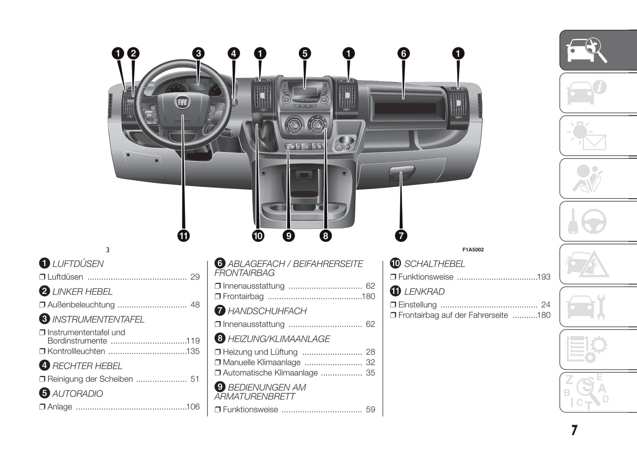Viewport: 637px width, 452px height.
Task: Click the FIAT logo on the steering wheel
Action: point(182,103)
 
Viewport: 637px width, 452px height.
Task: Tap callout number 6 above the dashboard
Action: point(403,54)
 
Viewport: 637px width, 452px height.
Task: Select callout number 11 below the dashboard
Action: point(183,236)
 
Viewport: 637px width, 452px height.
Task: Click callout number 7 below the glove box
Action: point(401,236)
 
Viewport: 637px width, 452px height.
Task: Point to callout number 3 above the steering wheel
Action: point(198,54)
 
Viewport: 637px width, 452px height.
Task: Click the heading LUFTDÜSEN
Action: point(78,264)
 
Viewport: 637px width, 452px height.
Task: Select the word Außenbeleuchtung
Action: point(81,305)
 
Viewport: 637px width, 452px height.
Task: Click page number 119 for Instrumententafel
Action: point(193,341)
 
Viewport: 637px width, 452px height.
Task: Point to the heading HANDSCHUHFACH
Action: point(267,311)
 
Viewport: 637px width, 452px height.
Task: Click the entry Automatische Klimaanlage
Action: point(270,373)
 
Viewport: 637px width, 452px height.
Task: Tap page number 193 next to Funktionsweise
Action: point(544,277)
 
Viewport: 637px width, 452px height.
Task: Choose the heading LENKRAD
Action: point(424,292)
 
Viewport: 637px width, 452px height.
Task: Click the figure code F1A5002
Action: point(473,250)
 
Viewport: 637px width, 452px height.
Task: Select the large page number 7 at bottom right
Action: point(574,430)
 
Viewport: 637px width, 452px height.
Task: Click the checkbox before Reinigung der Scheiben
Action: point(42,379)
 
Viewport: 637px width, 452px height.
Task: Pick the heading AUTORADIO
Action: point(77,394)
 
